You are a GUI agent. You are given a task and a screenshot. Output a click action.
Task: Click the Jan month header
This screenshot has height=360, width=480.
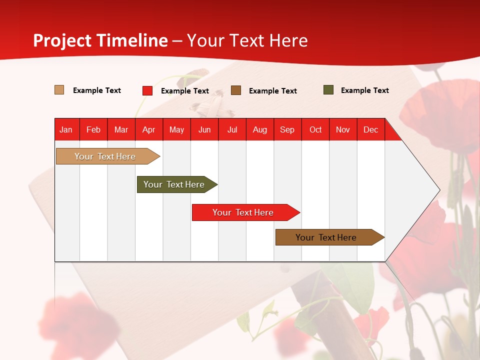(x=66, y=129)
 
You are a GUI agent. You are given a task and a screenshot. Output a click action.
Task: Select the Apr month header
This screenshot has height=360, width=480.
(x=148, y=129)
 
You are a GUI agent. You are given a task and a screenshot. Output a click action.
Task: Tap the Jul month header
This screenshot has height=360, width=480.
(x=232, y=129)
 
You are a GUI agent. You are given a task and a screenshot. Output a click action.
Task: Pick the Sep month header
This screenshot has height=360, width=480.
(x=287, y=129)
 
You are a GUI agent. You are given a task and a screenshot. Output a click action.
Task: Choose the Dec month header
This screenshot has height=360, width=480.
(x=370, y=129)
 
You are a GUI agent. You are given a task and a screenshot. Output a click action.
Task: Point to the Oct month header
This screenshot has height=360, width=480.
(x=315, y=129)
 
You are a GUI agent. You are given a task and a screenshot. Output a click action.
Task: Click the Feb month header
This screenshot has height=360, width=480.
(x=93, y=129)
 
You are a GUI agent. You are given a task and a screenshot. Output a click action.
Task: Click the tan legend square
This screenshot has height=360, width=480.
(x=59, y=90)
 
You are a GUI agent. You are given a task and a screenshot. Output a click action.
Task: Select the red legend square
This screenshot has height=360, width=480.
(x=147, y=90)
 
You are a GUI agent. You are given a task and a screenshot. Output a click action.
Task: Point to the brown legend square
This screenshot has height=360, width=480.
(x=236, y=90)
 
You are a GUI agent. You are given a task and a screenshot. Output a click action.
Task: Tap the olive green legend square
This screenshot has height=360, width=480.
(x=328, y=90)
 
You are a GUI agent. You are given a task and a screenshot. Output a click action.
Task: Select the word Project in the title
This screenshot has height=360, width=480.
(x=62, y=40)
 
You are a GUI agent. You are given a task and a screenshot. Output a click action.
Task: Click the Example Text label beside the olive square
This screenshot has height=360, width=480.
(x=364, y=90)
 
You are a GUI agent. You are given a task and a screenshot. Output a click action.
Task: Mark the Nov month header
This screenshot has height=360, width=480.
(x=342, y=129)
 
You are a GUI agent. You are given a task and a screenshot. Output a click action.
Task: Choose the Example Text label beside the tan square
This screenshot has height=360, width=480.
(x=96, y=90)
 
